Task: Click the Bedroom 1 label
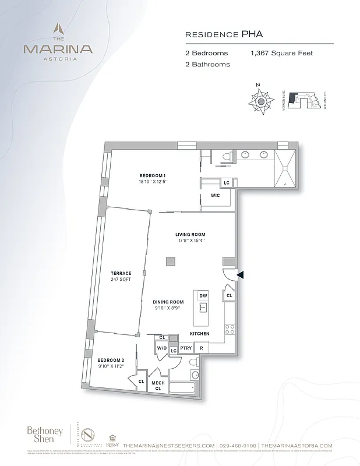[x=153, y=178]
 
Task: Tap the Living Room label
[x=190, y=237]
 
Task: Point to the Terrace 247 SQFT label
[x=122, y=276]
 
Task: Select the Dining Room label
[x=168, y=305]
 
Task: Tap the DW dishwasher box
[x=203, y=296]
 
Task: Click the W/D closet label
[x=161, y=348]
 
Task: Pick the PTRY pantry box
[x=186, y=348]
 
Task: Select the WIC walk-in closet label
[x=215, y=196]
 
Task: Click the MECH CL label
[x=157, y=386]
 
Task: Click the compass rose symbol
[x=261, y=101]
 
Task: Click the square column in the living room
[x=171, y=262]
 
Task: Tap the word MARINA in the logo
[x=58, y=49]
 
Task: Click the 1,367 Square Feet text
[x=282, y=53]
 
